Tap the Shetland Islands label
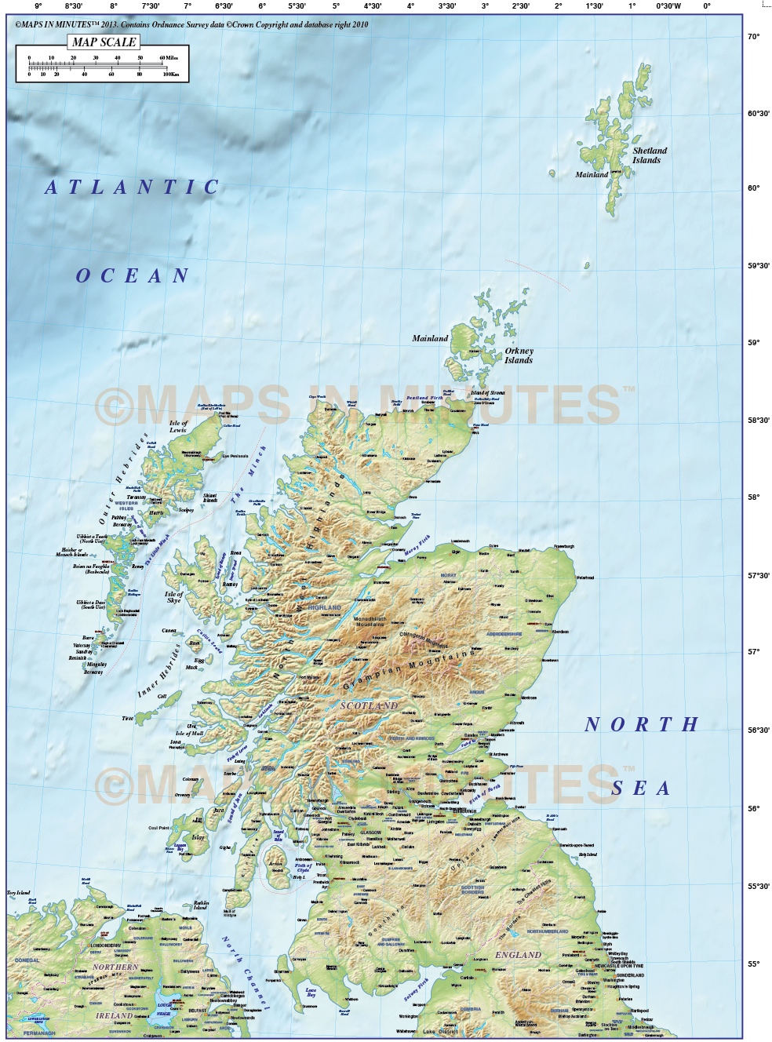coord(650,155)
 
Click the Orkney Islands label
coord(519,356)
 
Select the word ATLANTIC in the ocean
coord(133,188)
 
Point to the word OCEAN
coord(133,276)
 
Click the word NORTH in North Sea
coord(641,725)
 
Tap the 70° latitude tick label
coord(753,37)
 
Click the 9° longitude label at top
coord(38,6)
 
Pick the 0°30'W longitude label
coord(668,6)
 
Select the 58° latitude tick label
coord(753,497)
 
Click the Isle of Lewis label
coord(178,427)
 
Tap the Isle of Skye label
coord(173,597)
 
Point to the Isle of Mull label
coord(190,734)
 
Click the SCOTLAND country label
coord(369,706)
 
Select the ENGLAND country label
coord(518,955)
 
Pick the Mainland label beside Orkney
coord(430,339)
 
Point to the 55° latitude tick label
coord(753,964)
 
